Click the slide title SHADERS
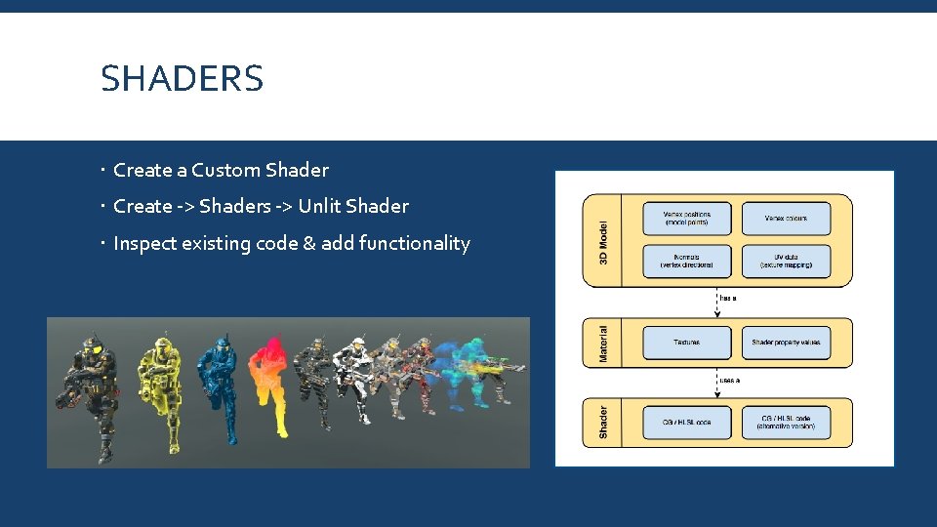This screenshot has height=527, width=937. [x=183, y=79]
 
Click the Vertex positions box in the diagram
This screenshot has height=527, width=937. [x=686, y=219]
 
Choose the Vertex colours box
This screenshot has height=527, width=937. [x=786, y=219]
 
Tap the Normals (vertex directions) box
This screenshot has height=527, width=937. [x=686, y=261]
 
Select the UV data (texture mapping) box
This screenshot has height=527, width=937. [x=786, y=261]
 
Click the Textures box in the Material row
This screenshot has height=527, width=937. [x=686, y=343]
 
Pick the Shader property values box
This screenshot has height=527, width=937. [x=786, y=343]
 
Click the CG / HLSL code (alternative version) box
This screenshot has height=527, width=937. [x=786, y=423]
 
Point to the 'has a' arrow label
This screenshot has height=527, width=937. [x=728, y=298]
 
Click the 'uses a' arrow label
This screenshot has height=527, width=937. [x=729, y=380]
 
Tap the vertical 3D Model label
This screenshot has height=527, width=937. [x=603, y=240]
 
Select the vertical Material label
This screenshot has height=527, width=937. [x=603, y=344]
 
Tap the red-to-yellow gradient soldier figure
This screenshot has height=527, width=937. [x=269, y=385]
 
